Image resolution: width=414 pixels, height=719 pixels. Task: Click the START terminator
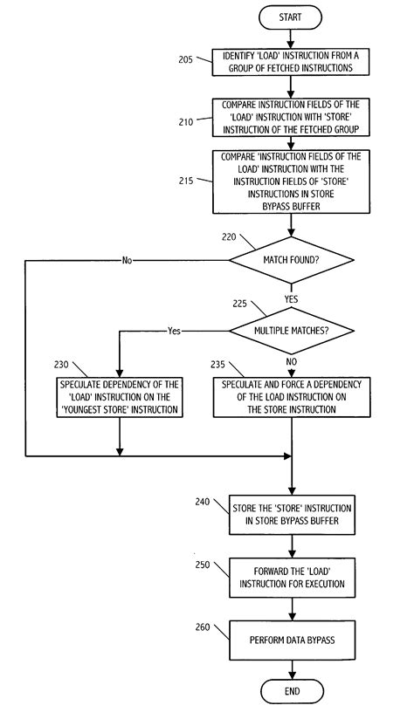pyautogui.click(x=291, y=16)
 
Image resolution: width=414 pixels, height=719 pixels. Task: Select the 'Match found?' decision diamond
pyautogui.click(x=291, y=260)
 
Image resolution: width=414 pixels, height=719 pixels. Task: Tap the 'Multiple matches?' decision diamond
pyautogui.click(x=291, y=332)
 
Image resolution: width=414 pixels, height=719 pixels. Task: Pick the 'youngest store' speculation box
pyautogui.click(x=119, y=398)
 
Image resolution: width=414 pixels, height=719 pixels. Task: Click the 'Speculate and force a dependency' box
pyautogui.click(x=291, y=398)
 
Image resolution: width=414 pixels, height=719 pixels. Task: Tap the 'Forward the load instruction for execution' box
pyautogui.click(x=291, y=577)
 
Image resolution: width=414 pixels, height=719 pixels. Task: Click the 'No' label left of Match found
pyautogui.click(x=128, y=260)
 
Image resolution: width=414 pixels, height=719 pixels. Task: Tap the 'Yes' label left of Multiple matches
pyautogui.click(x=173, y=332)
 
